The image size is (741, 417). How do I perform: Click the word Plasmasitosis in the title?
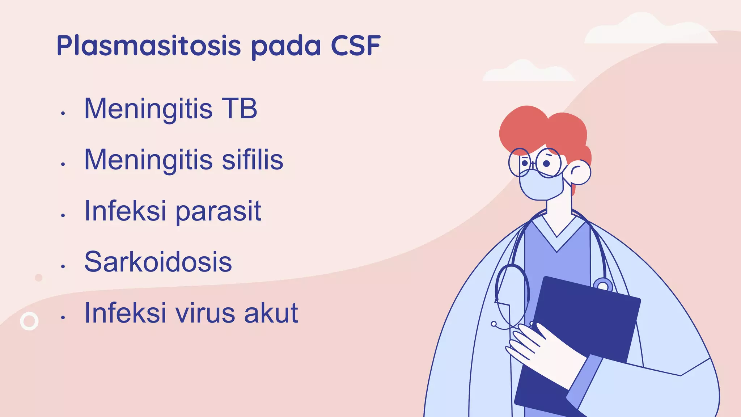(148, 46)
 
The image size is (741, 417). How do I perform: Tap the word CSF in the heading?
(355, 46)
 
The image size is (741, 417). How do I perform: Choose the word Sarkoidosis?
(158, 262)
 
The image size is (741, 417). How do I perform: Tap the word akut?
(271, 313)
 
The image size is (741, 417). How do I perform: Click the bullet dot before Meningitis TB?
(63, 113)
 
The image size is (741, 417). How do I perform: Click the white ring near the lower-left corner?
(29, 321)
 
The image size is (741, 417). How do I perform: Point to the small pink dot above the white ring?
(38, 278)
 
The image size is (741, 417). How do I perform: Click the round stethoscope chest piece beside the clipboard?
(602, 286)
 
